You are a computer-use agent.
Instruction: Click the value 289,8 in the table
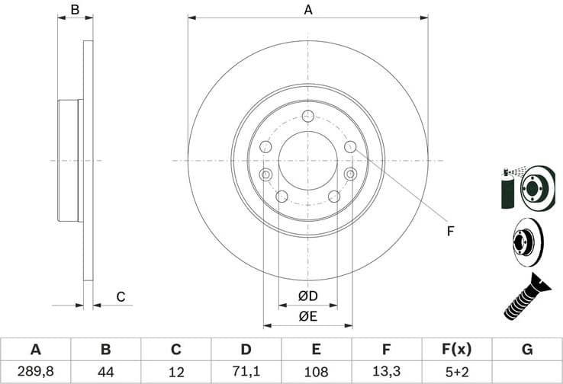pyautogui.click(x=35, y=372)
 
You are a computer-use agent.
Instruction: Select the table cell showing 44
pyautogui.click(x=105, y=372)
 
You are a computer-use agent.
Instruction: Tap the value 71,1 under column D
pyautogui.click(x=246, y=372)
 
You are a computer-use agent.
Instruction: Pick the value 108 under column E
pyautogui.click(x=316, y=372)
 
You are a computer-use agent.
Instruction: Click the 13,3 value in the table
pyautogui.click(x=386, y=372)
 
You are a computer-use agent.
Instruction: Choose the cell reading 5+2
pyautogui.click(x=457, y=372)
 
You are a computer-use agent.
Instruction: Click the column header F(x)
pyautogui.click(x=457, y=350)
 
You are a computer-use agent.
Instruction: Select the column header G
pyautogui.click(x=527, y=350)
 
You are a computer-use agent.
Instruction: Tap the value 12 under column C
pyautogui.click(x=175, y=372)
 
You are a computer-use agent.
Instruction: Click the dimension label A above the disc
pyautogui.click(x=308, y=10)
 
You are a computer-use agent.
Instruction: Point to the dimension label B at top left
pyautogui.click(x=75, y=10)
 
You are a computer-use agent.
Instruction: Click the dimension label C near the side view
pyautogui.click(x=120, y=296)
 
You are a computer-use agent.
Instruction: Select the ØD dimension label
pyautogui.click(x=307, y=296)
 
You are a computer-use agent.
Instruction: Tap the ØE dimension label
pyautogui.click(x=307, y=315)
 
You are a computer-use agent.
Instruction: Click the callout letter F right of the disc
pyautogui.click(x=451, y=230)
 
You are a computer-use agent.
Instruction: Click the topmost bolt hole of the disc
pyautogui.click(x=307, y=116)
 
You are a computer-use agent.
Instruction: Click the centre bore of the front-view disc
pyautogui.click(x=307, y=161)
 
